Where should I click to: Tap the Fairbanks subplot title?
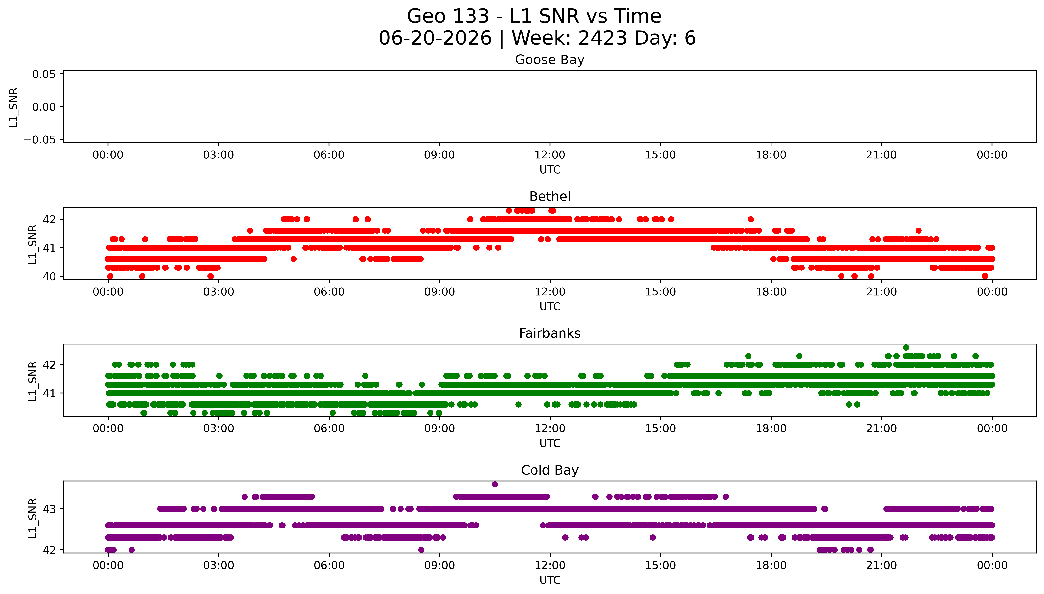550,333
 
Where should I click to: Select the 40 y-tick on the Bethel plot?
49,276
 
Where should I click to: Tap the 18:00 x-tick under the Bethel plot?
771,292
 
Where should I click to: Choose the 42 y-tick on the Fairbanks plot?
49,364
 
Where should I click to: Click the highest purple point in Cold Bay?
495,484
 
